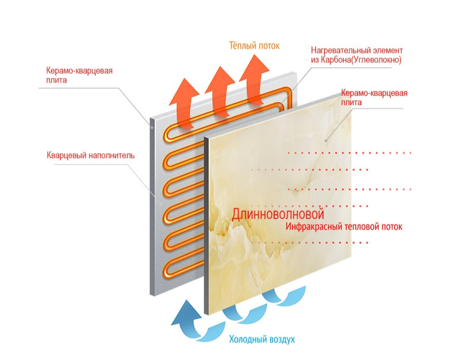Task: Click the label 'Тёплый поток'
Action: (x=254, y=46)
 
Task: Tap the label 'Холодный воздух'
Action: (x=262, y=340)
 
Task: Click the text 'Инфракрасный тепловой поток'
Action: (x=344, y=227)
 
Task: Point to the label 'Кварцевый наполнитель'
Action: (x=90, y=155)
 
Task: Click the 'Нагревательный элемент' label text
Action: (x=357, y=50)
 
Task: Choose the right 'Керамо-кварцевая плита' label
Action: (x=374, y=98)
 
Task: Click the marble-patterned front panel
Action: (x=280, y=208)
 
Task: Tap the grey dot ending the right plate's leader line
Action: (x=326, y=140)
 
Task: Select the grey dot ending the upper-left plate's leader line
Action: (x=151, y=127)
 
